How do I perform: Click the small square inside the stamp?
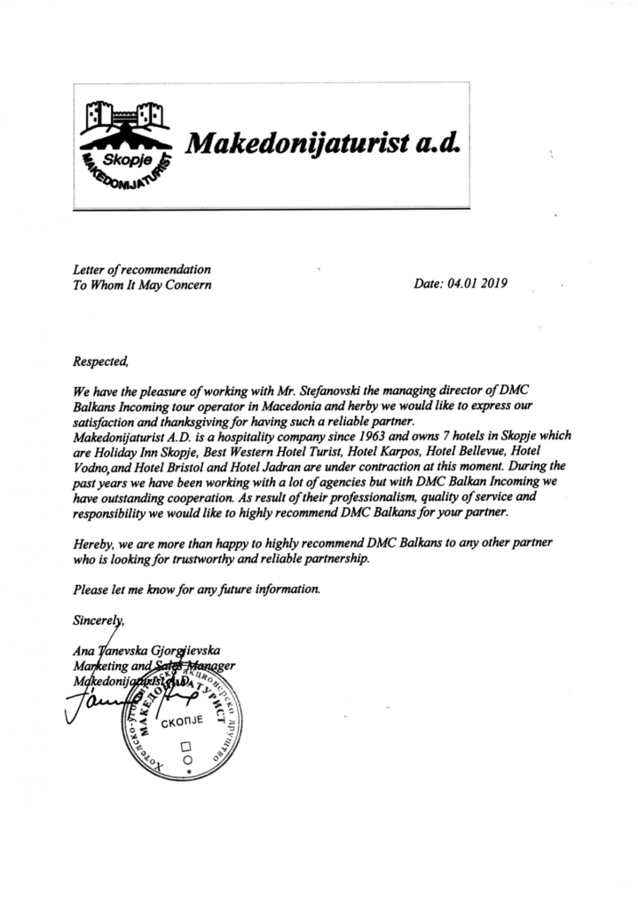(185, 746)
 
